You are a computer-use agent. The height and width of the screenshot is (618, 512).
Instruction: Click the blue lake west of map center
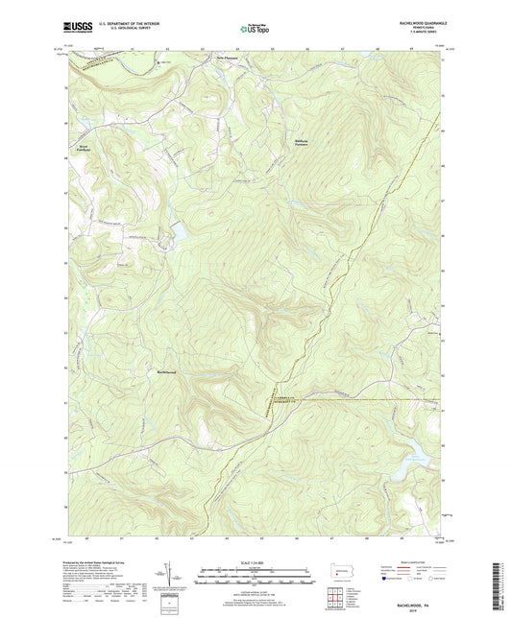[x=176, y=233]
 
